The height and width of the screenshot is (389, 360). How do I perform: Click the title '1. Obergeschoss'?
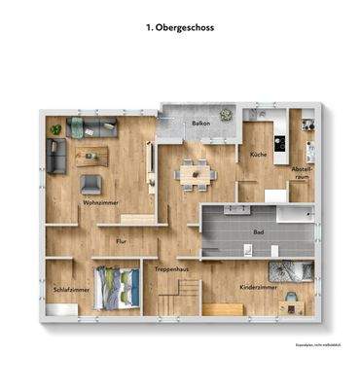click(x=180, y=28)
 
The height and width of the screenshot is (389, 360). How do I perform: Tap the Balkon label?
click(x=201, y=124)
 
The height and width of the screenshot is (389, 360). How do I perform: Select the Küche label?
click(x=258, y=155)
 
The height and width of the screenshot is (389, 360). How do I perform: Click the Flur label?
click(x=122, y=239)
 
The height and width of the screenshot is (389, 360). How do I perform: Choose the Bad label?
click(x=258, y=232)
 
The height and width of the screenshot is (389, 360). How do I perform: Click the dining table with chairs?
click(x=196, y=173)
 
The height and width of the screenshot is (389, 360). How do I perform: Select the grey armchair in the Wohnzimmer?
click(x=90, y=183)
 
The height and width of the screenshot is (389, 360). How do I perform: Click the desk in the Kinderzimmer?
click(x=291, y=307)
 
